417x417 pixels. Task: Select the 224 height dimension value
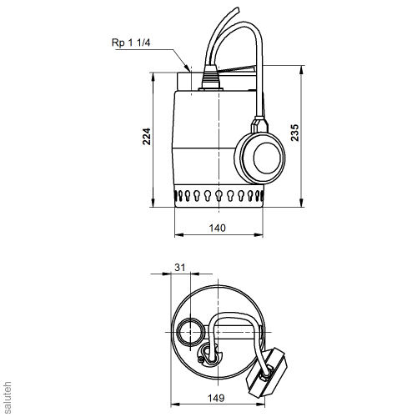tap(148, 138)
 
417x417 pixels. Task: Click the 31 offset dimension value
tap(180, 267)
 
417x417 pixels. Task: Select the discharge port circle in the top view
tap(188, 334)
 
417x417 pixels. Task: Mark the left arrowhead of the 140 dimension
tap(177, 235)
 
